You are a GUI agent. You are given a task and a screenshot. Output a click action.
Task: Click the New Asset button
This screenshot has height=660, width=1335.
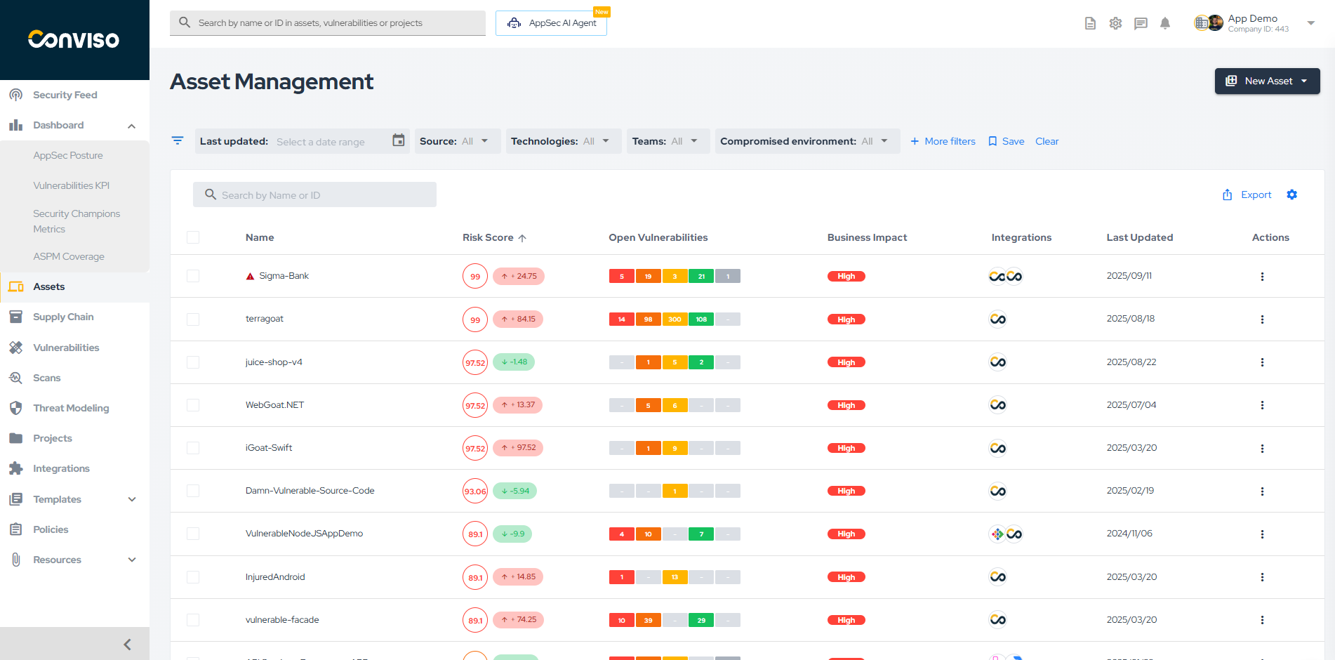click(1267, 81)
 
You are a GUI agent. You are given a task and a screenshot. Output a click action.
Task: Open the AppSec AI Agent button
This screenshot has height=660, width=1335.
click(552, 23)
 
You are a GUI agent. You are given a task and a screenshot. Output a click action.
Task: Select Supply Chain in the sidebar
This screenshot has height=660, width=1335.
click(63, 317)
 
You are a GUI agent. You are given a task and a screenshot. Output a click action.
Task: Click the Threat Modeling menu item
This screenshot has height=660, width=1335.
click(71, 408)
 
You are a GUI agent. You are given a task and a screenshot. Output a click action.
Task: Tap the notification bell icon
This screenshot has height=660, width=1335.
click(1165, 23)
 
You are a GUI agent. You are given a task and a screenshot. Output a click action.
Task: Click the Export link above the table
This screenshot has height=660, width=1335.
click(1247, 195)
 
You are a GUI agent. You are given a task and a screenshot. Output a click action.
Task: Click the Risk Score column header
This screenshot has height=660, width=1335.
click(489, 238)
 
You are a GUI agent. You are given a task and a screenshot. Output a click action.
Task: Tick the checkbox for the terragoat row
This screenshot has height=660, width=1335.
click(193, 319)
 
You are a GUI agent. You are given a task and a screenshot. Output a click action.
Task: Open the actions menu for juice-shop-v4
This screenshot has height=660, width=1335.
click(1262, 362)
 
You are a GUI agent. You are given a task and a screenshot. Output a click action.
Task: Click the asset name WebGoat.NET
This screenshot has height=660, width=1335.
click(274, 405)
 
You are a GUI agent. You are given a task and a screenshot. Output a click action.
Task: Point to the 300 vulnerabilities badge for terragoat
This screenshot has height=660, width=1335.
click(675, 319)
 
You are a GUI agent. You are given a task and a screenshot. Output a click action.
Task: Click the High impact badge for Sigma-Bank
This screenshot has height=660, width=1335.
click(846, 277)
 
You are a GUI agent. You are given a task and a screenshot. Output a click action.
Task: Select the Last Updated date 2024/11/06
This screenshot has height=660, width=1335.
click(1129, 534)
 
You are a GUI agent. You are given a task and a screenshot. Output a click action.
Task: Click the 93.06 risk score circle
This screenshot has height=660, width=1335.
click(475, 491)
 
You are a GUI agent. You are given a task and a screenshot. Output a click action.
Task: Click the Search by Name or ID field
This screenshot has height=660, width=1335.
click(314, 195)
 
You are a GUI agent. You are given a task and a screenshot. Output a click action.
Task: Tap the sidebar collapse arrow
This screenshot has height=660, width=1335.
click(127, 644)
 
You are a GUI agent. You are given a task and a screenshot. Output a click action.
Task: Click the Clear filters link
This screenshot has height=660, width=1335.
click(1047, 141)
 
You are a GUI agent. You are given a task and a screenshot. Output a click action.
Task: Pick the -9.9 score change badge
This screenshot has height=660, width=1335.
click(513, 534)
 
